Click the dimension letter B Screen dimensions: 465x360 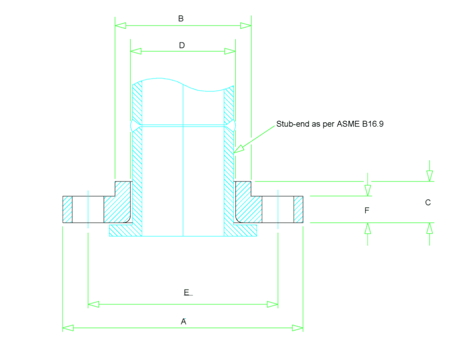[181, 19]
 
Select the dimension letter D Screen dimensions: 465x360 [182, 45]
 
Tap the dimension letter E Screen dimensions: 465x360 [186, 293]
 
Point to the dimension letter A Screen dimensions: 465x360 [183, 322]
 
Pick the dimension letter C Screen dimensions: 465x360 [428, 202]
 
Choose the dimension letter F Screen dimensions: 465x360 [367, 210]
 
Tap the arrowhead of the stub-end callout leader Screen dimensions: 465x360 [238, 149]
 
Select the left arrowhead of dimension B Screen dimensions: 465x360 [120, 25]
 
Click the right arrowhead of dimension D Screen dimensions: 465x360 [230, 51]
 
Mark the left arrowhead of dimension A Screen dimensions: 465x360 [68, 328]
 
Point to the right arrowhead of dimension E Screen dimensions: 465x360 [272, 304]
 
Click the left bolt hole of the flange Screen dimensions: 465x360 [88, 209]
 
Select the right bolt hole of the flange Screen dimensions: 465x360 [278, 209]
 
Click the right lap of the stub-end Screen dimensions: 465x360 [245, 230]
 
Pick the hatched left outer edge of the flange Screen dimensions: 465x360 [67, 209]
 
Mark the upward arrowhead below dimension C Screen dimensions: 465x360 [430, 228]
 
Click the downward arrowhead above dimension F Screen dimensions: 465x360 [368, 190]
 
